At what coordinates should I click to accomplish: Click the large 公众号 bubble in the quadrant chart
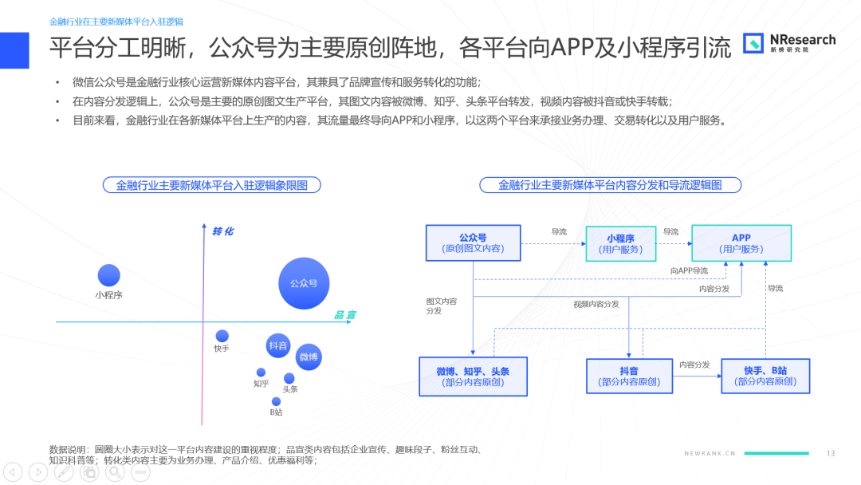coord(304,283)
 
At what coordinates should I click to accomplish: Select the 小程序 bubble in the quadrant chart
coord(108,275)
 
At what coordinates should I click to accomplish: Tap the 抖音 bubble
coord(278,345)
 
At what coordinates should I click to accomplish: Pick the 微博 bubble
coord(309,357)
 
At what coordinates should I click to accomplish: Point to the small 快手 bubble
coord(222,336)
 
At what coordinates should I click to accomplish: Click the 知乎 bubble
coord(261,373)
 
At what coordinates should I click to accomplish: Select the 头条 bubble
coord(289,378)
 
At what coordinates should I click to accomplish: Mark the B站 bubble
coord(276,401)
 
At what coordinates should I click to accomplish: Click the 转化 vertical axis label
coord(223,231)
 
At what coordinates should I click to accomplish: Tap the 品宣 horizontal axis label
coord(345,315)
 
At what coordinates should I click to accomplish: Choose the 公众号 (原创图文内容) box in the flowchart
coord(474,242)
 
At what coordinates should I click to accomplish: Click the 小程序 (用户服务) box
coord(620,243)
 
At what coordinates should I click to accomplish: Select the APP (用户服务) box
coord(741,242)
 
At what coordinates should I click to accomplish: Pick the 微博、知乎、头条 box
coord(473,377)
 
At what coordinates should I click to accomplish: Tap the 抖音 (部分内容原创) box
coord(629,377)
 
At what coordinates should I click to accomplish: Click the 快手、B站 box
coord(765,377)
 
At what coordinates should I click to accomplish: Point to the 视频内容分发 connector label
coord(596,304)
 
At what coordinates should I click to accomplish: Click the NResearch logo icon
coord(753,43)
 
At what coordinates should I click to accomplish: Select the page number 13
coord(830,453)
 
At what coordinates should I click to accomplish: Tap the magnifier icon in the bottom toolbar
coord(115,471)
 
